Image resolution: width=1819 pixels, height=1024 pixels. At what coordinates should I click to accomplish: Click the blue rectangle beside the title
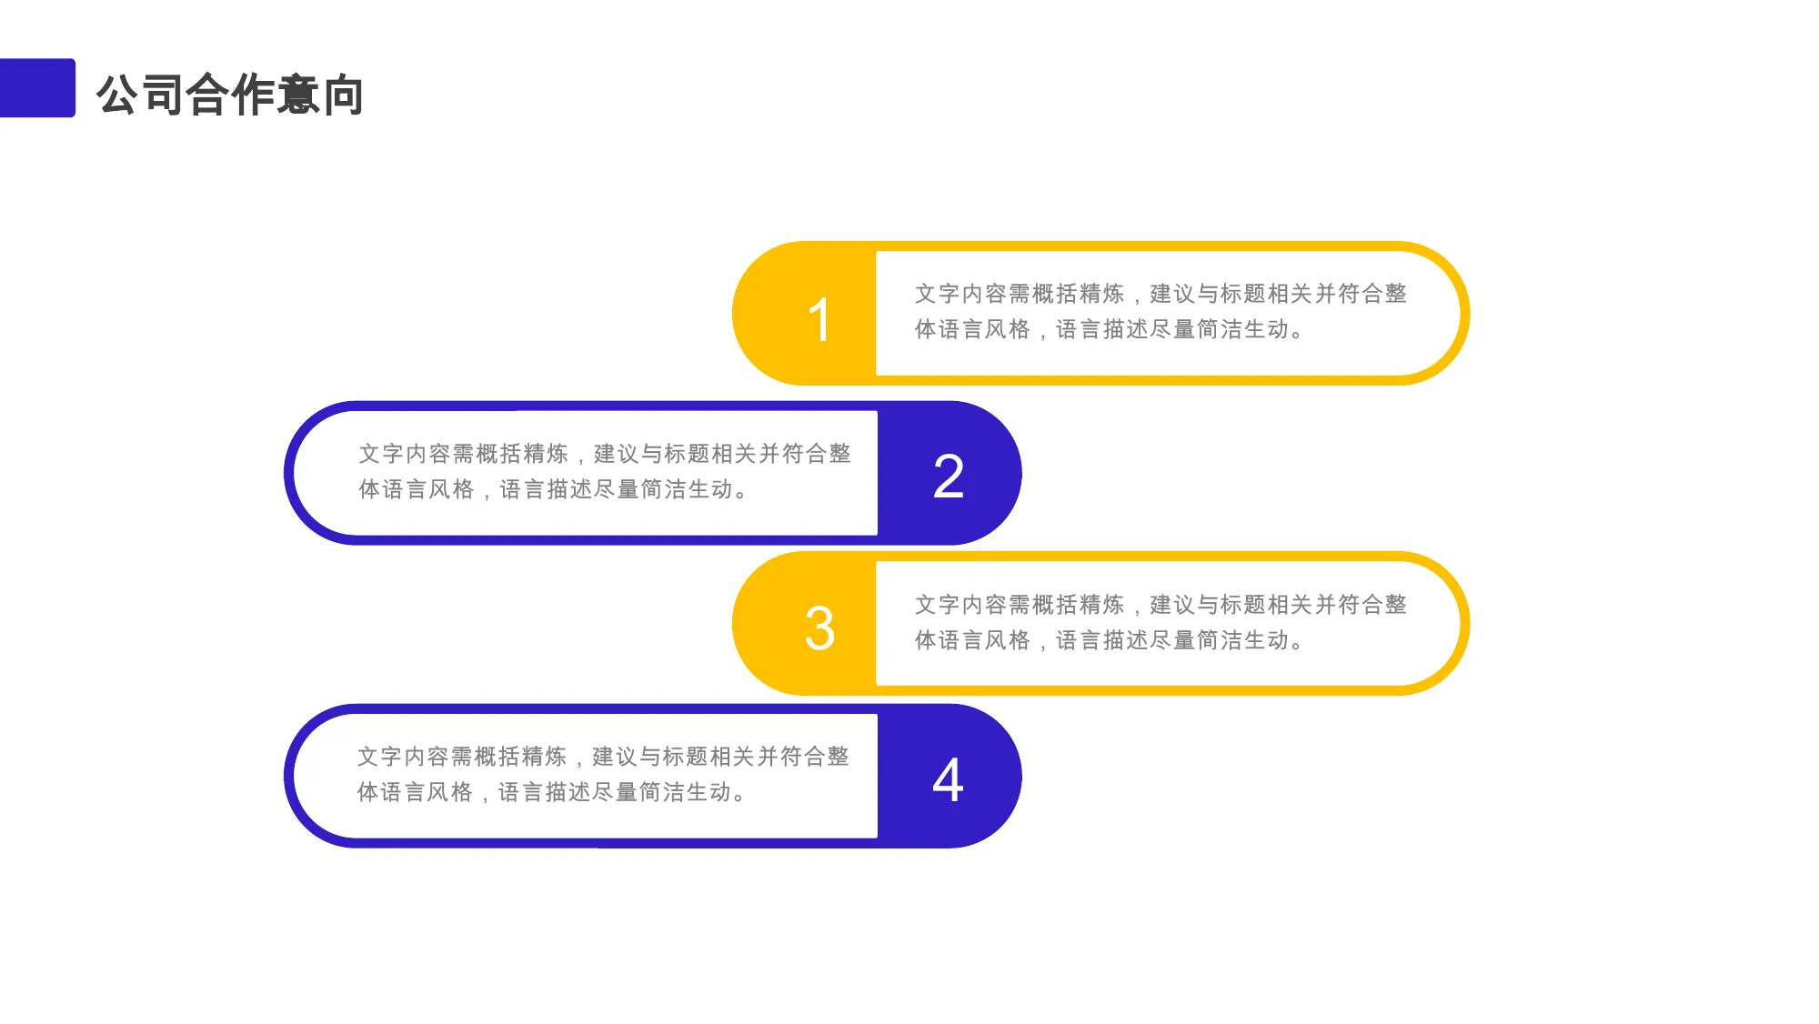(x=37, y=88)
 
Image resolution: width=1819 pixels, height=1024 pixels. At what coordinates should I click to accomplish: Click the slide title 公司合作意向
(x=230, y=95)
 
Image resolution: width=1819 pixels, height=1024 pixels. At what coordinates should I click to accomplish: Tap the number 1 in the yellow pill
(x=820, y=320)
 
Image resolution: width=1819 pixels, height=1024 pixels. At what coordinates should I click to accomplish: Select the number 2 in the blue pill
(x=949, y=477)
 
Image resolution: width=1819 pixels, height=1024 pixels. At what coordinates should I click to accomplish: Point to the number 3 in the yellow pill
(x=819, y=628)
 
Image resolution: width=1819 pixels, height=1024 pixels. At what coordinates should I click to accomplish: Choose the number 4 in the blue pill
(x=948, y=780)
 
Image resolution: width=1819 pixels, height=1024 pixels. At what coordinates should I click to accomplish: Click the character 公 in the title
(x=118, y=95)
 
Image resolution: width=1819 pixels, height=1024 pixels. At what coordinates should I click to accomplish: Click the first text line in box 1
(x=1161, y=294)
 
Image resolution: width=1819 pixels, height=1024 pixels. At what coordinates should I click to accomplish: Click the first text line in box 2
(x=605, y=454)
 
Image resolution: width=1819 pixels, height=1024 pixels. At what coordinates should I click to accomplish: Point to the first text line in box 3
(x=1161, y=605)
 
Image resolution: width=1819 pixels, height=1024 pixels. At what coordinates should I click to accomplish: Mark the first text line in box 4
(x=603, y=757)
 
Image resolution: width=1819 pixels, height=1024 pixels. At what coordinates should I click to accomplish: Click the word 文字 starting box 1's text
(x=937, y=294)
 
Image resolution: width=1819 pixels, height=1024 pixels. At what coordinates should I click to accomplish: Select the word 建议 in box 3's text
(x=1172, y=605)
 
